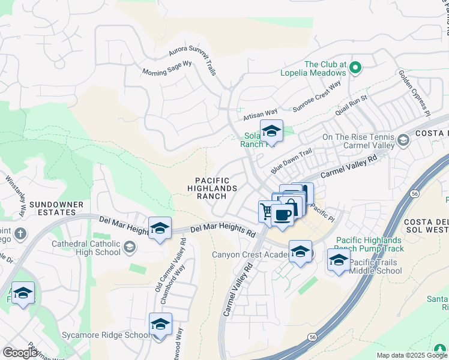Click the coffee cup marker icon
click(x=282, y=214)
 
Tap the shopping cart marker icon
click(x=267, y=210)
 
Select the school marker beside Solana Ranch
click(x=271, y=131)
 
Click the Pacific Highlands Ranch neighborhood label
click(x=213, y=188)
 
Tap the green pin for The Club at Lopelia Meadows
click(x=355, y=68)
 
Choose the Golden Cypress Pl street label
click(x=415, y=93)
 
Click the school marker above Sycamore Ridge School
click(x=161, y=324)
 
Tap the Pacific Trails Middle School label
click(x=376, y=266)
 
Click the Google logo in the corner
click(x=20, y=353)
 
